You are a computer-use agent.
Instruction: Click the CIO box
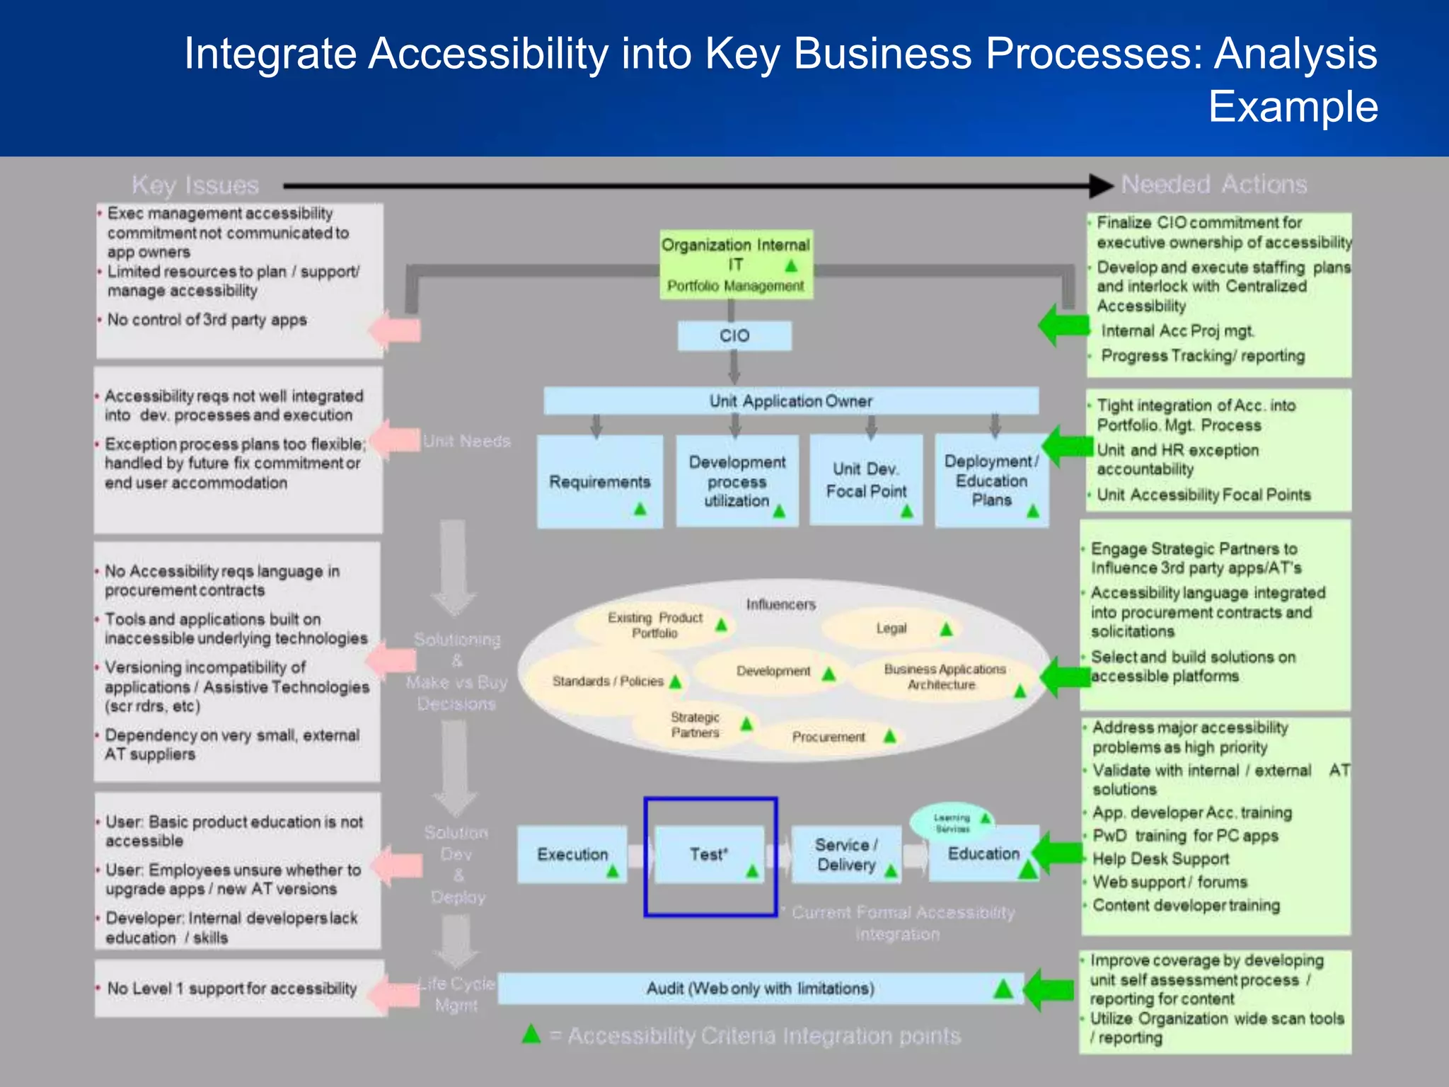(734, 335)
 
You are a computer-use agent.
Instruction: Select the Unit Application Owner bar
(790, 401)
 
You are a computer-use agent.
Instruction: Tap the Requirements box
(599, 481)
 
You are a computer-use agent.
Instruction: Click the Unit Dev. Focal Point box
(866, 480)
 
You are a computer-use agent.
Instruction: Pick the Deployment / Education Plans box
(991, 480)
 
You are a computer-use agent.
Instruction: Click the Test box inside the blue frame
(709, 854)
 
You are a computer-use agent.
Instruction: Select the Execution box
(572, 854)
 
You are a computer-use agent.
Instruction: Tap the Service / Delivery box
(845, 854)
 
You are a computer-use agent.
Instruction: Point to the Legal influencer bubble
(891, 628)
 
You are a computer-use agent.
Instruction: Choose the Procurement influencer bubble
(829, 737)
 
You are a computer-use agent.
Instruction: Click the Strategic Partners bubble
(695, 725)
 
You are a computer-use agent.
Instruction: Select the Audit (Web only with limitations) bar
(760, 988)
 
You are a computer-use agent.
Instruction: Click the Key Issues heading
(195, 185)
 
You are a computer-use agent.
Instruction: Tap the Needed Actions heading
(1213, 184)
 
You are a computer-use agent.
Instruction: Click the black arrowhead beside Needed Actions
(1100, 185)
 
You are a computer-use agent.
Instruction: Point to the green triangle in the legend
(531, 1034)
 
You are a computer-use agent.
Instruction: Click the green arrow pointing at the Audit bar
(1049, 989)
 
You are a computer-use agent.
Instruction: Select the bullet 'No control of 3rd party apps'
(207, 320)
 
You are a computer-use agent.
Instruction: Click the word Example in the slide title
(1293, 106)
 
